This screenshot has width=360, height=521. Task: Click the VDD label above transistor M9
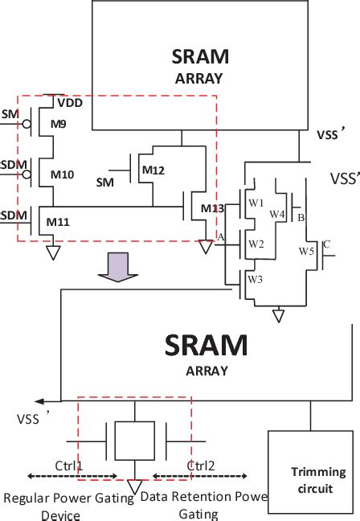click(69, 103)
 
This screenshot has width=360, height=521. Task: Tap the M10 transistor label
click(62, 174)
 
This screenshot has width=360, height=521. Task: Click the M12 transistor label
click(153, 170)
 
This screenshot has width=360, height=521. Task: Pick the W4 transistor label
click(277, 214)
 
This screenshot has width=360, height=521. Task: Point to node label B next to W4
click(301, 217)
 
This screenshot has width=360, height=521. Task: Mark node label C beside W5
click(325, 244)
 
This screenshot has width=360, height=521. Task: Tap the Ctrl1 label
click(68, 466)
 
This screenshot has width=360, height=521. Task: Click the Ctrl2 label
click(200, 466)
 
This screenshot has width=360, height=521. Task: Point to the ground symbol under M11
click(54, 253)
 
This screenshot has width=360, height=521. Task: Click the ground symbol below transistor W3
click(279, 316)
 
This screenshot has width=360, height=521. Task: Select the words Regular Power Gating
click(68, 498)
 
